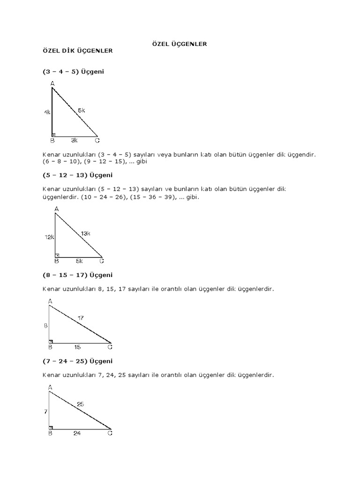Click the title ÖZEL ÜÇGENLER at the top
(180, 44)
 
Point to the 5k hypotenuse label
(82, 110)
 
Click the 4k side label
(47, 112)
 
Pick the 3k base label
(74, 140)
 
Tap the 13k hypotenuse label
(85, 233)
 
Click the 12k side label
(50, 238)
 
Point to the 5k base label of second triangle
(79, 261)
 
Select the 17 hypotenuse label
(81, 318)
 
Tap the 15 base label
(77, 347)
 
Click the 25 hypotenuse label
(81, 404)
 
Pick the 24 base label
(77, 434)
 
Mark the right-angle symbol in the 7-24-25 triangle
(51, 427)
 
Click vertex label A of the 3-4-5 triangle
(52, 83)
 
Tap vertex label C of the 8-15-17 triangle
(110, 347)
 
